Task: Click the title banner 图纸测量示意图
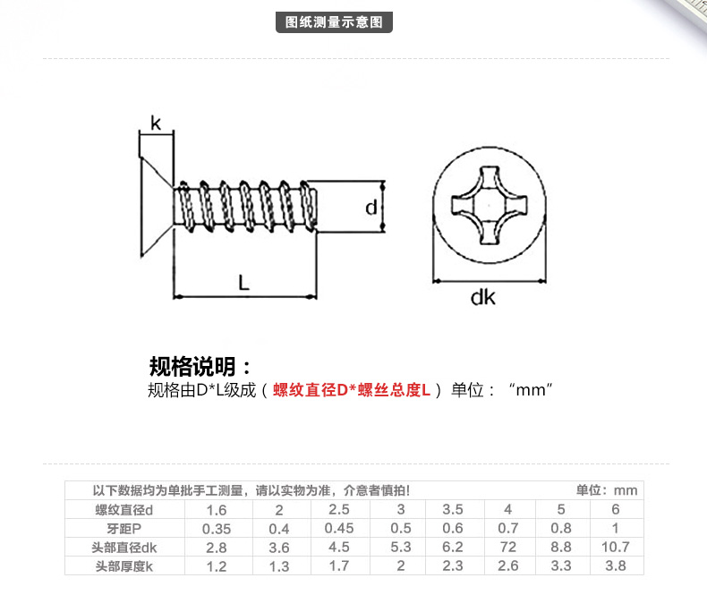coord(334,22)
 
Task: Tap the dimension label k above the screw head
coord(156,123)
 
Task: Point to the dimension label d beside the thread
coord(371,208)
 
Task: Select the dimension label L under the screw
coord(243,283)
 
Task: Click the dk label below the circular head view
coord(483,297)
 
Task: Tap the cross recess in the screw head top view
coord(490,206)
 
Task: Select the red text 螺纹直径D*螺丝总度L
coord(351,390)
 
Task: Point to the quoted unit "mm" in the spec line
coord(530,389)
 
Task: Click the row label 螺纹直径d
coord(124,510)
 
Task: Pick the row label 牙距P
coord(124,528)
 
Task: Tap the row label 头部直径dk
coord(124,548)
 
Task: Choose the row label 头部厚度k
coord(124,566)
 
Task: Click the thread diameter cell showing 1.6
coord(217,510)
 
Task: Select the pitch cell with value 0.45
coord(339,528)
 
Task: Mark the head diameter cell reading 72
coord(508,548)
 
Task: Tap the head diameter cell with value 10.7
coord(616,548)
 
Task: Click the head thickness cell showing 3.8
coord(616,565)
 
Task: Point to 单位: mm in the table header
coord(607,490)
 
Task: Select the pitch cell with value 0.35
coord(217,529)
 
